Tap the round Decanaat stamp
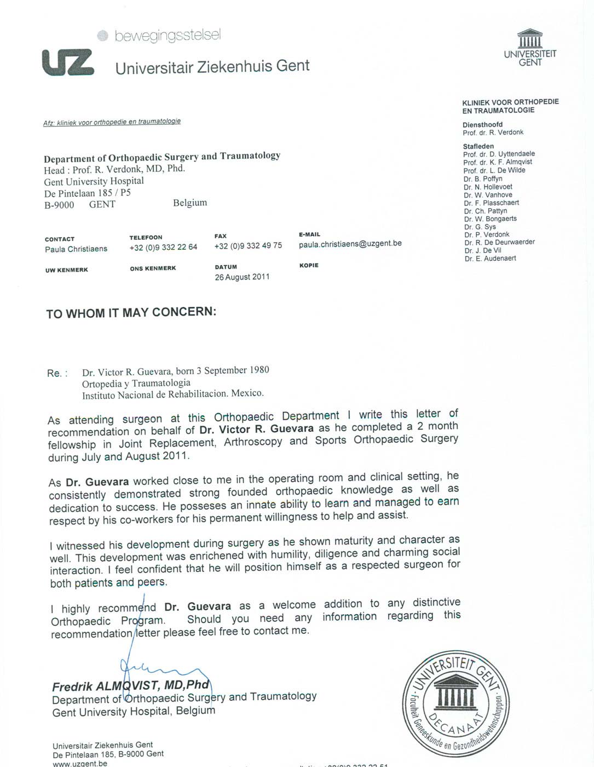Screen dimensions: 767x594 pyautogui.click(x=455, y=703)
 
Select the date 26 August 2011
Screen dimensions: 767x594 pyautogui.click(x=242, y=277)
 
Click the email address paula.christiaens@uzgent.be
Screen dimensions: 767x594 pyautogui.click(x=350, y=243)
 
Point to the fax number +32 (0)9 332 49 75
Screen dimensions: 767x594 pyautogui.click(x=248, y=246)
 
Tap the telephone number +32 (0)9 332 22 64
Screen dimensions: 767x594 pyautogui.click(x=163, y=247)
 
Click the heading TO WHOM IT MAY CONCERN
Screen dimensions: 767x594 pyautogui.click(x=131, y=313)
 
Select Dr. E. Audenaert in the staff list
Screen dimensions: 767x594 pyautogui.click(x=490, y=259)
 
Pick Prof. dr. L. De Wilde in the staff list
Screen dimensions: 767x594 pyautogui.click(x=494, y=170)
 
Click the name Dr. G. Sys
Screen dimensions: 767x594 pyautogui.click(x=480, y=227)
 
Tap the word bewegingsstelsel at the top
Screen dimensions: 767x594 pyautogui.click(x=168, y=36)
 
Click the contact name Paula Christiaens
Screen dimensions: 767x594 pyautogui.click(x=76, y=249)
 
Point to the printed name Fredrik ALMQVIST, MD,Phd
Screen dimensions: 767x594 pyautogui.click(x=131, y=686)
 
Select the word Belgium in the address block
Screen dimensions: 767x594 pyautogui.click(x=190, y=203)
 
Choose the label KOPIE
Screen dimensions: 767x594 pyautogui.click(x=309, y=266)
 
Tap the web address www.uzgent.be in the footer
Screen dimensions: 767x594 pyautogui.click(x=80, y=763)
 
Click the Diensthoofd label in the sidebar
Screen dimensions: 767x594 pyautogui.click(x=482, y=124)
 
